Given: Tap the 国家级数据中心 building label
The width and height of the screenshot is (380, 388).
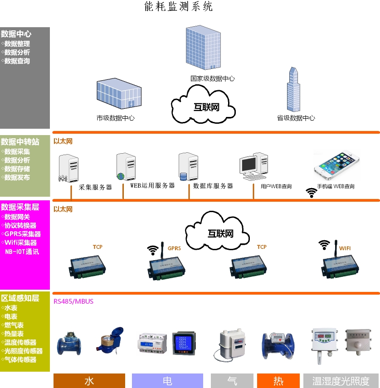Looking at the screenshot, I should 212,78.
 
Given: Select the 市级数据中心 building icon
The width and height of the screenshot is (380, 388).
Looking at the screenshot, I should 119,94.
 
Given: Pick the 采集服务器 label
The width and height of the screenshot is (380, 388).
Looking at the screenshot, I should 95,187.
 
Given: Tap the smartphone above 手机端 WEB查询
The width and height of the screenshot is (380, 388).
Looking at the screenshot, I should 336,164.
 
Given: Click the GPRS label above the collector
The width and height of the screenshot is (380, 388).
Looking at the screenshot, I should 174,248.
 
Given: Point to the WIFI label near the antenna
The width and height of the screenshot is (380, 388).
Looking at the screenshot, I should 345,248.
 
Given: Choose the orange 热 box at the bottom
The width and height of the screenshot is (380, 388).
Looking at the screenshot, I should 278,381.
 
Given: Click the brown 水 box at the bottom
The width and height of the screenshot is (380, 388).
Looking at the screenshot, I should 89,381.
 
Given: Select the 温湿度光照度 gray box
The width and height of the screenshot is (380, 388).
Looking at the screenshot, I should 341,381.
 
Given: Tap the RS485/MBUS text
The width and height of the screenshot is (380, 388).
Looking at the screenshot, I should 73,301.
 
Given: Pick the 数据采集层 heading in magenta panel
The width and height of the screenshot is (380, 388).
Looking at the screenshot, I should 20,207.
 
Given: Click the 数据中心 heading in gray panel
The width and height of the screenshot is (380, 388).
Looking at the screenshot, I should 16,34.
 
